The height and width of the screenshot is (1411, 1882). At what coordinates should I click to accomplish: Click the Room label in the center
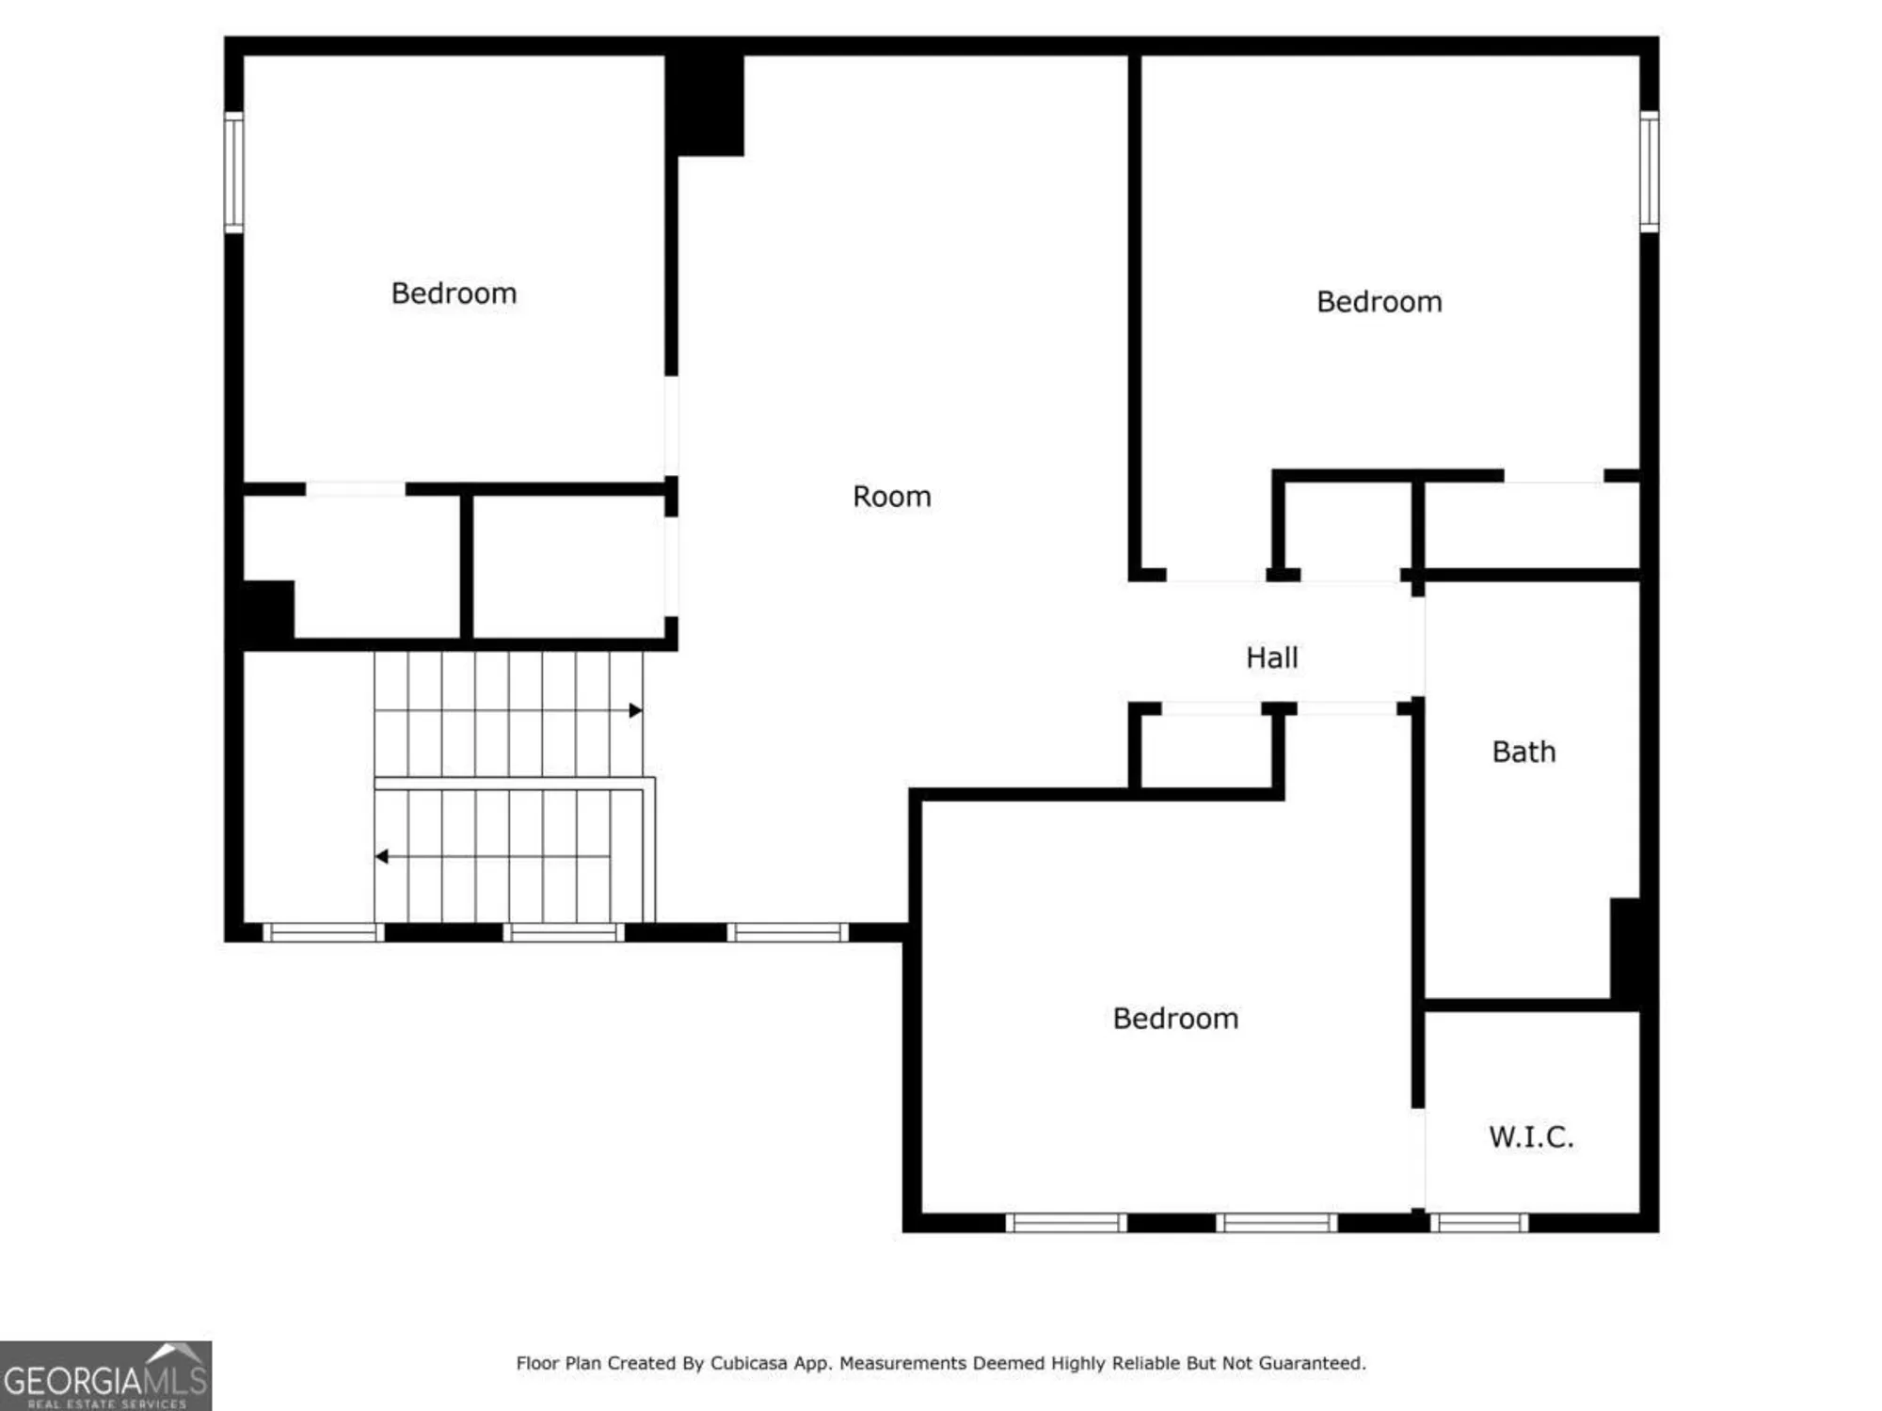click(x=891, y=496)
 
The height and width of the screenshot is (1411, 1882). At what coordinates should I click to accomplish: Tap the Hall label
click(x=1271, y=658)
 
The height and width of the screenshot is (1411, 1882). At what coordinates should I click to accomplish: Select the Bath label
click(x=1523, y=752)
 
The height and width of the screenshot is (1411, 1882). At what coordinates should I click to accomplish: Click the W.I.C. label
click(x=1530, y=1136)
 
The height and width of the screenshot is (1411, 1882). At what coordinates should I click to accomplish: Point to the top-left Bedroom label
click(x=454, y=293)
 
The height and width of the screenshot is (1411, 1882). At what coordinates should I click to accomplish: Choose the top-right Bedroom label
click(x=1379, y=302)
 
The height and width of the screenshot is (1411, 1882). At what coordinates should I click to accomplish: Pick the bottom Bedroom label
click(x=1175, y=1018)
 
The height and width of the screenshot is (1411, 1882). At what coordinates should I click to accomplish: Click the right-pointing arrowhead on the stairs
click(x=636, y=710)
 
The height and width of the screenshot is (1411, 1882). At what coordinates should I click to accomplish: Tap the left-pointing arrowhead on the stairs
click(x=381, y=856)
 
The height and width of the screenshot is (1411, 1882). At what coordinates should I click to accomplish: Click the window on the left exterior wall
click(x=233, y=171)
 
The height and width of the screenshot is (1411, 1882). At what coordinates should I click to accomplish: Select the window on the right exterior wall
click(x=1649, y=171)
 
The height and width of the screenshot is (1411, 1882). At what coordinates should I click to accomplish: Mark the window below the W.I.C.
click(x=1479, y=1223)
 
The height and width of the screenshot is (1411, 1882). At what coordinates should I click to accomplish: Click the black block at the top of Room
click(x=705, y=103)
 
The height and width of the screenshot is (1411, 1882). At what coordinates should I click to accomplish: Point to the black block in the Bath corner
click(x=1627, y=950)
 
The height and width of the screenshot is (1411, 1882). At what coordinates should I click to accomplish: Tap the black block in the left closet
click(x=267, y=611)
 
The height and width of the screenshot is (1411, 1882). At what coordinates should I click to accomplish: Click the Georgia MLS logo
click(x=105, y=1376)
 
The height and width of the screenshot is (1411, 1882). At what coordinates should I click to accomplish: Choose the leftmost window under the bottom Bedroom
click(x=1066, y=1223)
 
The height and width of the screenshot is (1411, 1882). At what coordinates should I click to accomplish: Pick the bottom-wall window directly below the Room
click(x=788, y=932)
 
